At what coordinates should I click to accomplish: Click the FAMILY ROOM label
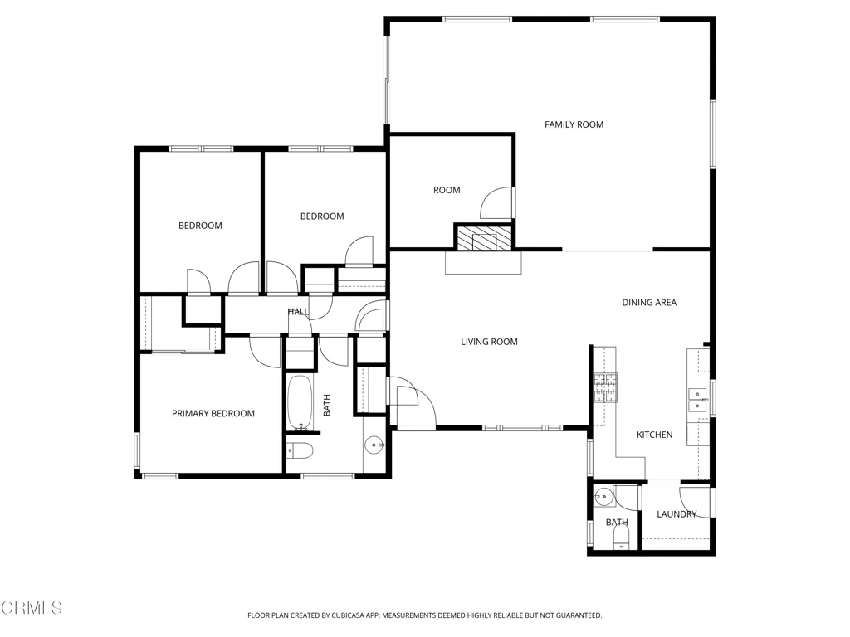[574, 124]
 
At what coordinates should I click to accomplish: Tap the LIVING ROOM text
[489, 342]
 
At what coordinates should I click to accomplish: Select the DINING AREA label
[649, 303]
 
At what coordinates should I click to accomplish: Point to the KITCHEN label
[654, 435]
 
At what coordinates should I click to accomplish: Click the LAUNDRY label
[677, 514]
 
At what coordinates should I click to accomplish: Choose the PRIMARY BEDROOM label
[213, 414]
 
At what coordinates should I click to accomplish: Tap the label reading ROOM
[447, 190]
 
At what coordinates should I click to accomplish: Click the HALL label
[298, 312]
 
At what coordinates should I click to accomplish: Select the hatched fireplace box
[484, 238]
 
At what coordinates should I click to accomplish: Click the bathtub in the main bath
[300, 402]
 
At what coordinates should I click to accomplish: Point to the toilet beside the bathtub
[300, 450]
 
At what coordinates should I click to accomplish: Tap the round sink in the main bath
[374, 445]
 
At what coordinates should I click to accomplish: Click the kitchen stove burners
[605, 387]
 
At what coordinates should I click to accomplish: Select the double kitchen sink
[697, 400]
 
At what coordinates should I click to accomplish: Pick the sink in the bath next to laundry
[603, 496]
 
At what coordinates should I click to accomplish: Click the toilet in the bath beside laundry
[621, 537]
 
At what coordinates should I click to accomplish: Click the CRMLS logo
[32, 608]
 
